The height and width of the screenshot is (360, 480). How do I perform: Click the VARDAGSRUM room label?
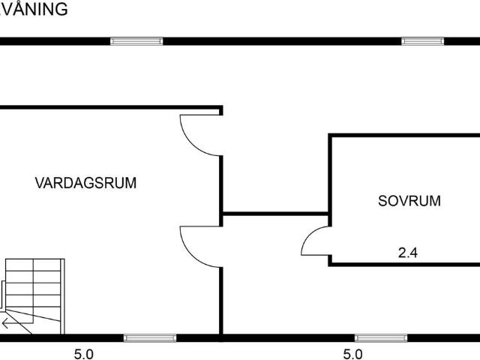coord(85,183)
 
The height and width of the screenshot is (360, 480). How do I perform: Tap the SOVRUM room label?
coord(409,201)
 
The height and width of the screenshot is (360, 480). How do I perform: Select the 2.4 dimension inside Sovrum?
coord(408,253)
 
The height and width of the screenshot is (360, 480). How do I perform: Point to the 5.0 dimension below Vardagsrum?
coord(83,355)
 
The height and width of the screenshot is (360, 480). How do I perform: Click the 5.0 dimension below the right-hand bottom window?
coord(352,355)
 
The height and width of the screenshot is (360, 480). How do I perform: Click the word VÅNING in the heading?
coord(33,9)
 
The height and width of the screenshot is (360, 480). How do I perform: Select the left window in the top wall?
coord(136,41)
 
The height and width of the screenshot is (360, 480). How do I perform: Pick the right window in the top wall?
coord(423,41)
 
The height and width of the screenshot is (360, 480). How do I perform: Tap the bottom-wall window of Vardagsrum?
coord(150,338)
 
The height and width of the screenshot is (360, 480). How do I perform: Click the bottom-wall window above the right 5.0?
coord(381,338)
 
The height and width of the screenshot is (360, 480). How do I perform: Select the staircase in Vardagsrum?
coord(33,296)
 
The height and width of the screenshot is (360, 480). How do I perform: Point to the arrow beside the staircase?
coord(5,323)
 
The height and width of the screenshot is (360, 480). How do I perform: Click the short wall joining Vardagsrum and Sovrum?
coord(275,213)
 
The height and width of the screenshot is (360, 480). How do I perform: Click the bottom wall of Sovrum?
coord(404,265)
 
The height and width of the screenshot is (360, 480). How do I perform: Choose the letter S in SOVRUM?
coord(382,201)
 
